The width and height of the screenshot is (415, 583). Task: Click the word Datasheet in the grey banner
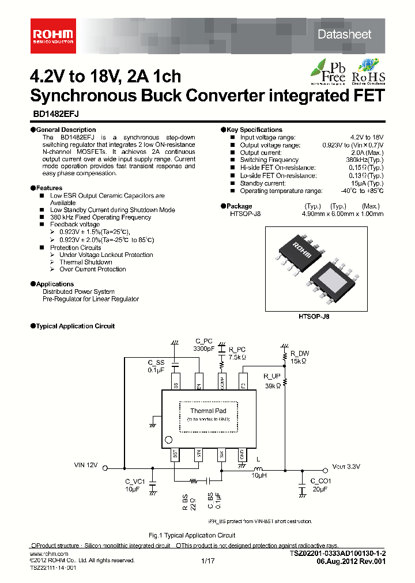click(344, 35)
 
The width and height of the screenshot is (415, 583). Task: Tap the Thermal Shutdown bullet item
click(85, 262)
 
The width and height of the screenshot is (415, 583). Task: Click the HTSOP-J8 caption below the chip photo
click(314, 316)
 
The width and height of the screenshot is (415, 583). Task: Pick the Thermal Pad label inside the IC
click(208, 411)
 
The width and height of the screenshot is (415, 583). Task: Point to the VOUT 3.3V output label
click(346, 467)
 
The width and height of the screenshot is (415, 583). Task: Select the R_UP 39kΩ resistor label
click(272, 381)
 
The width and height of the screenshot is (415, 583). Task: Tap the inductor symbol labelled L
click(258, 467)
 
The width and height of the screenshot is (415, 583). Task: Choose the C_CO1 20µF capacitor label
click(320, 484)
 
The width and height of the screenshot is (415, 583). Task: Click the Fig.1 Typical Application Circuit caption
click(192, 535)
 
